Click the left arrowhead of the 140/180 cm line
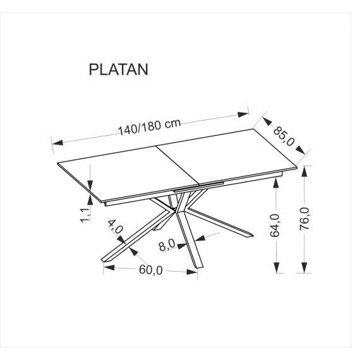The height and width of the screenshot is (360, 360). pos(55,142)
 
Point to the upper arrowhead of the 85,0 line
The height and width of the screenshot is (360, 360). pos(267,117)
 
